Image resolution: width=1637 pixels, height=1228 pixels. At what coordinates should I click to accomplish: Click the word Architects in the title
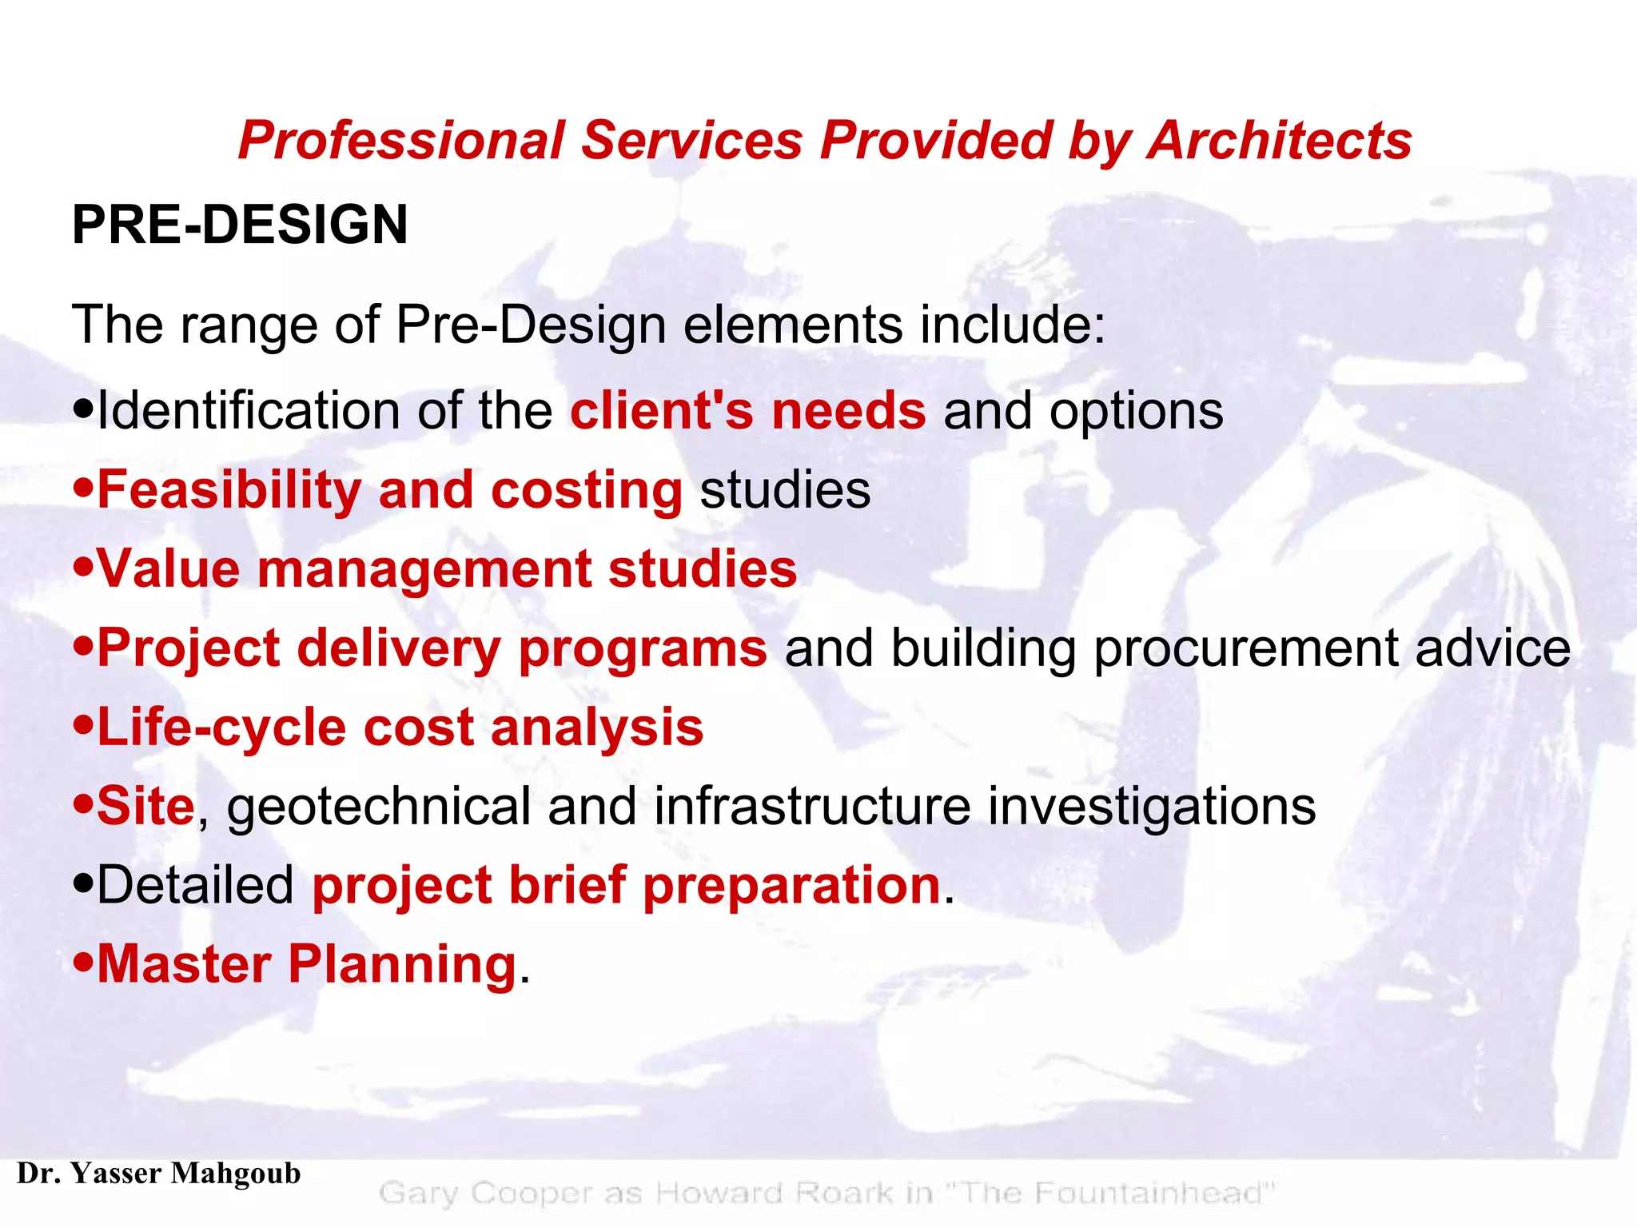pos(1279,141)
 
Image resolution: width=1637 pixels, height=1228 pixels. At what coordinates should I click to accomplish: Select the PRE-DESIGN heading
pos(240,225)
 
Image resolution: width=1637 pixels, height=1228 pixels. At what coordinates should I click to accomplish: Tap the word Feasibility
pos(229,489)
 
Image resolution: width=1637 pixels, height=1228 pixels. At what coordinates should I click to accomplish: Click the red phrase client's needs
pos(747,411)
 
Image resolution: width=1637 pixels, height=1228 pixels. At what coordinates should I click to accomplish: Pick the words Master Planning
pos(307,964)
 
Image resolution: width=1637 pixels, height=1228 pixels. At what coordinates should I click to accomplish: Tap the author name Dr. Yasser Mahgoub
pos(159,1174)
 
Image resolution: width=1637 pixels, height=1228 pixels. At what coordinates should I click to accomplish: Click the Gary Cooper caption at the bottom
pos(826,1193)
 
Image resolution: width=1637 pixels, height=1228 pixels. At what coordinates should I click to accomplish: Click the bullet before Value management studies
pos(83,568)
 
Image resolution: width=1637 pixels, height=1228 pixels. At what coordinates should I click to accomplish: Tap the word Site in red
pos(145,806)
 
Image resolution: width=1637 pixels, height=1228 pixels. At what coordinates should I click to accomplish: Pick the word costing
pos(586,489)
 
